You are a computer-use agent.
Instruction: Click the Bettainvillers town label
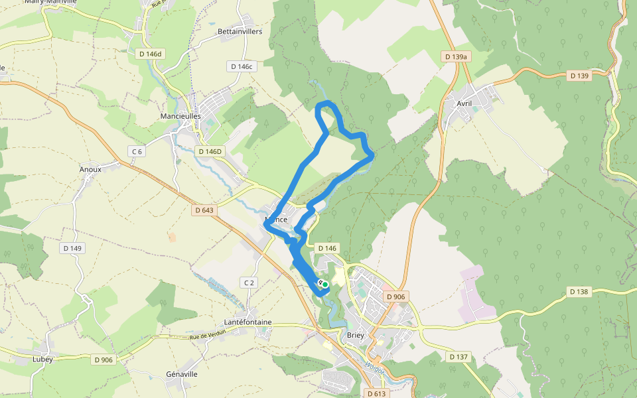click(x=240, y=31)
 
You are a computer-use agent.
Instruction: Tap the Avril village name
click(x=464, y=103)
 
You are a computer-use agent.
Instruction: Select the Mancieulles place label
click(x=180, y=115)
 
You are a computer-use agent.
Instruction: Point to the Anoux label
click(x=90, y=169)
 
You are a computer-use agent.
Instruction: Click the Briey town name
click(x=356, y=336)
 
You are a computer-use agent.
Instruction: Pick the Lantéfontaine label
click(x=248, y=322)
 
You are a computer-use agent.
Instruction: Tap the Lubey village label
click(x=42, y=359)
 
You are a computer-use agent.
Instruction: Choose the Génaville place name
click(x=182, y=374)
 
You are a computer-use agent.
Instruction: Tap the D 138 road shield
click(x=579, y=292)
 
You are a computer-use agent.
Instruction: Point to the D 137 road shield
click(x=459, y=357)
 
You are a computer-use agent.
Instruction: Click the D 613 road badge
click(x=376, y=394)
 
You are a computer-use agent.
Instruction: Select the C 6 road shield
click(x=137, y=151)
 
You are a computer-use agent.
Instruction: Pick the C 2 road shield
click(x=249, y=283)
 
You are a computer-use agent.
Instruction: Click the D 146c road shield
click(x=242, y=66)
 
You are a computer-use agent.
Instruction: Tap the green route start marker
click(x=325, y=285)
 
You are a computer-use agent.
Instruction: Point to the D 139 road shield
click(x=579, y=76)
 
